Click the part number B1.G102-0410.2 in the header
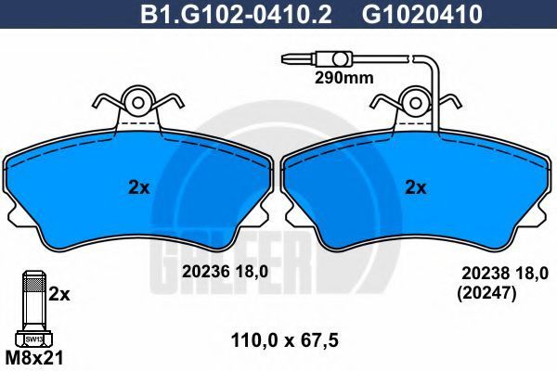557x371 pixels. (x=236, y=14)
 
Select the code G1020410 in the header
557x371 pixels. (x=422, y=14)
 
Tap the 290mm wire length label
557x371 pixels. (x=344, y=78)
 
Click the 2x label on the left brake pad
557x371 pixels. (x=139, y=187)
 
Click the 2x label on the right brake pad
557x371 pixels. (x=416, y=187)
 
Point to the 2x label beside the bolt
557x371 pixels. (x=59, y=294)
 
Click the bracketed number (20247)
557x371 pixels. (x=486, y=294)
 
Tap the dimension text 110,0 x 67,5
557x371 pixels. (x=285, y=341)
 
